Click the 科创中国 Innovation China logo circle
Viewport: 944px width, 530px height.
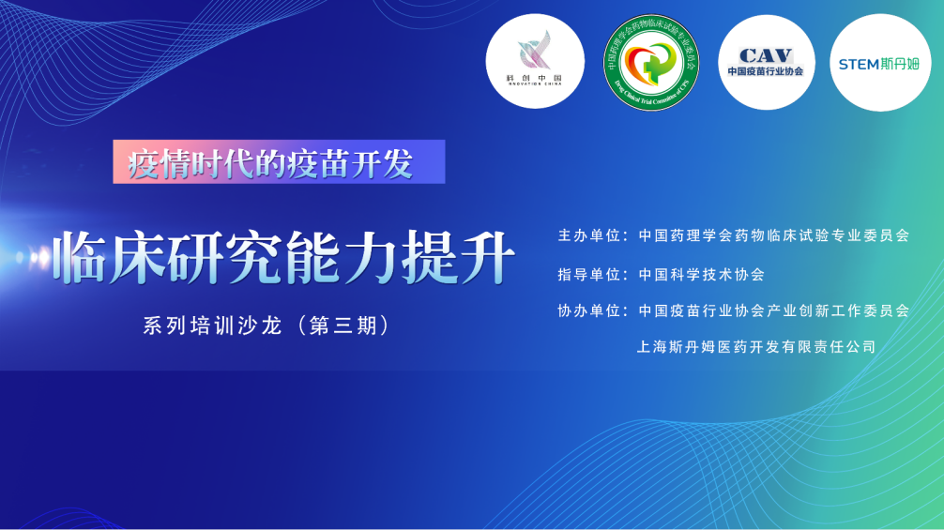pyautogui.click(x=535, y=62)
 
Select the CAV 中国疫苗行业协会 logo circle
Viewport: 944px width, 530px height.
pyautogui.click(x=766, y=62)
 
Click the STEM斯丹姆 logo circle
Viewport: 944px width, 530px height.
pyautogui.click(x=880, y=63)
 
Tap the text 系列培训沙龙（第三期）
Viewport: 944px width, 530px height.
pyautogui.click(x=266, y=326)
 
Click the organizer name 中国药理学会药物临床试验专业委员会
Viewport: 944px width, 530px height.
pyautogui.click(x=773, y=235)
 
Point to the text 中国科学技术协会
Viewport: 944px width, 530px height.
pyautogui.click(x=701, y=275)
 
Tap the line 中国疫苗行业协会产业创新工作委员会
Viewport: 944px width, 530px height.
pyautogui.click(x=773, y=310)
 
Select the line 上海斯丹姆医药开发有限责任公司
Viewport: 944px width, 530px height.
pyautogui.click(x=756, y=346)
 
